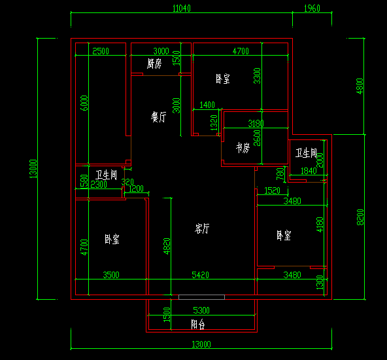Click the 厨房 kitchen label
click(154, 63)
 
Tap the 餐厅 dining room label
click(158, 117)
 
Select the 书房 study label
click(243, 148)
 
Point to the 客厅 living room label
click(203, 228)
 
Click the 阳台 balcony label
click(199, 324)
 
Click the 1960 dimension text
click(312, 9)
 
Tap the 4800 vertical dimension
click(359, 86)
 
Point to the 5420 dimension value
click(200, 276)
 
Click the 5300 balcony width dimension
click(201, 310)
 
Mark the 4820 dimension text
click(167, 246)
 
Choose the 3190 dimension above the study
click(256, 123)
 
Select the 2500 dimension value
click(100, 51)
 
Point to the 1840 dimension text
click(308, 171)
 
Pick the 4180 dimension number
click(319, 225)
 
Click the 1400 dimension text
click(207, 105)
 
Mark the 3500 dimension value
click(111, 276)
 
